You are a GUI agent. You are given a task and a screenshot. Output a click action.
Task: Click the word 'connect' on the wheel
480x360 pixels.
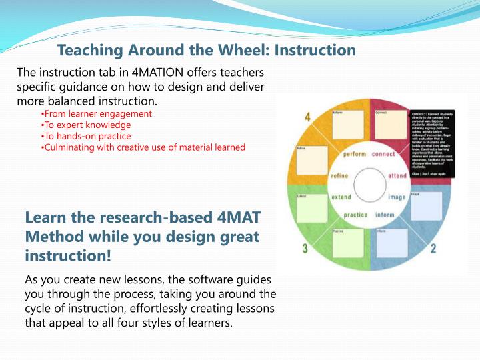(383, 155)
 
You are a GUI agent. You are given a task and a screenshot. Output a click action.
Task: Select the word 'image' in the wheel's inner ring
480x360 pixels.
(397, 197)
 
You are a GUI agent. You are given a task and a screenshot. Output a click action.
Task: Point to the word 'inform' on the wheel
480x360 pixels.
(385, 215)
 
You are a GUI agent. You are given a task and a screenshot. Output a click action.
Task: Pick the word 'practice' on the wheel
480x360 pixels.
(355, 215)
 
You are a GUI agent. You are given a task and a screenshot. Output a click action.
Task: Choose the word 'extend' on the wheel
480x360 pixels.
(341, 197)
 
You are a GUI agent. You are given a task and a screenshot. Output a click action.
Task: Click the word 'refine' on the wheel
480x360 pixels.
(340, 175)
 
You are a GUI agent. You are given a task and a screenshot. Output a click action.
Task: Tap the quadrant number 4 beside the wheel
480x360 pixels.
(307, 118)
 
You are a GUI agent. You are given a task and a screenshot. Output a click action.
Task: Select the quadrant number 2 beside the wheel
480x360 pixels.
(433, 249)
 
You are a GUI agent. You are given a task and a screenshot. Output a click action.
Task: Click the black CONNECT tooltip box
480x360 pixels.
(432, 140)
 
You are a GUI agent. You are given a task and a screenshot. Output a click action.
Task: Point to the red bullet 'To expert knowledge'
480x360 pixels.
(77, 125)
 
